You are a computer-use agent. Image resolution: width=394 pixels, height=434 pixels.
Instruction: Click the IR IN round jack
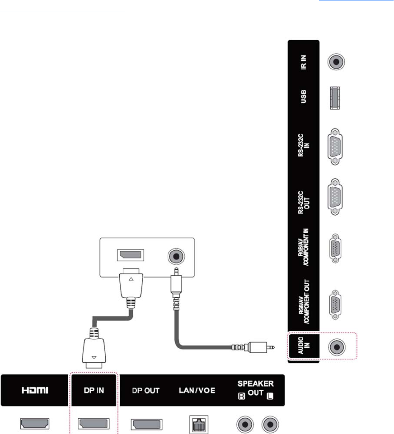[336, 62]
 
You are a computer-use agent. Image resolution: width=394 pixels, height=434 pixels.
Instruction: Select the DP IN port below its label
[93, 424]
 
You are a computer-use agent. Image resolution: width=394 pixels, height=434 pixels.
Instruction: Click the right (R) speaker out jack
[244, 424]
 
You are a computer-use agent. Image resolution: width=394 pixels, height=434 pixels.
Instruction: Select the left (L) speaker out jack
[270, 424]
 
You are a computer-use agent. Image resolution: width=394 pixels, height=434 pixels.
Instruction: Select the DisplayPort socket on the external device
[131, 256]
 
